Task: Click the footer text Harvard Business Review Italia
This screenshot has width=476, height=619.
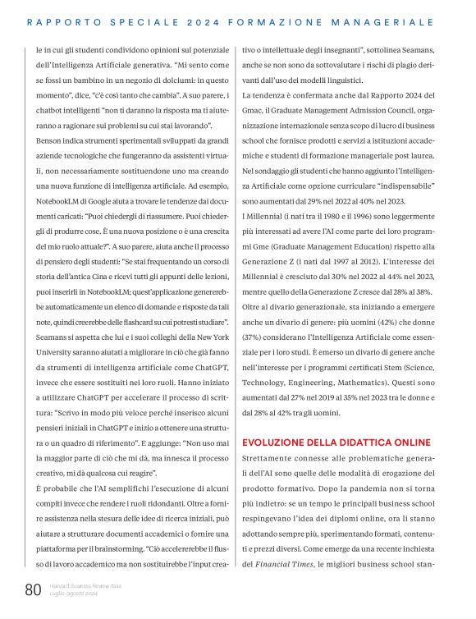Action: (x=86, y=585)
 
